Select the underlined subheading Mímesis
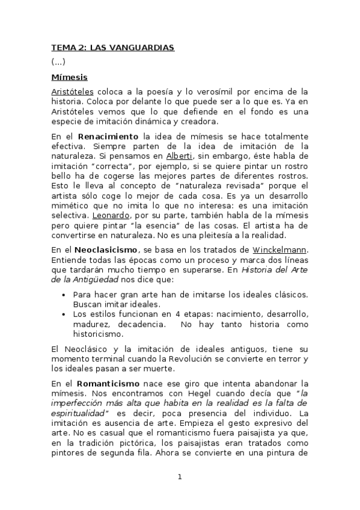pos(69,77)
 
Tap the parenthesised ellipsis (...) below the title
pos(58,62)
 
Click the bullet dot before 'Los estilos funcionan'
pos(64,315)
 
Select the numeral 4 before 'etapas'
pos(164,315)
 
